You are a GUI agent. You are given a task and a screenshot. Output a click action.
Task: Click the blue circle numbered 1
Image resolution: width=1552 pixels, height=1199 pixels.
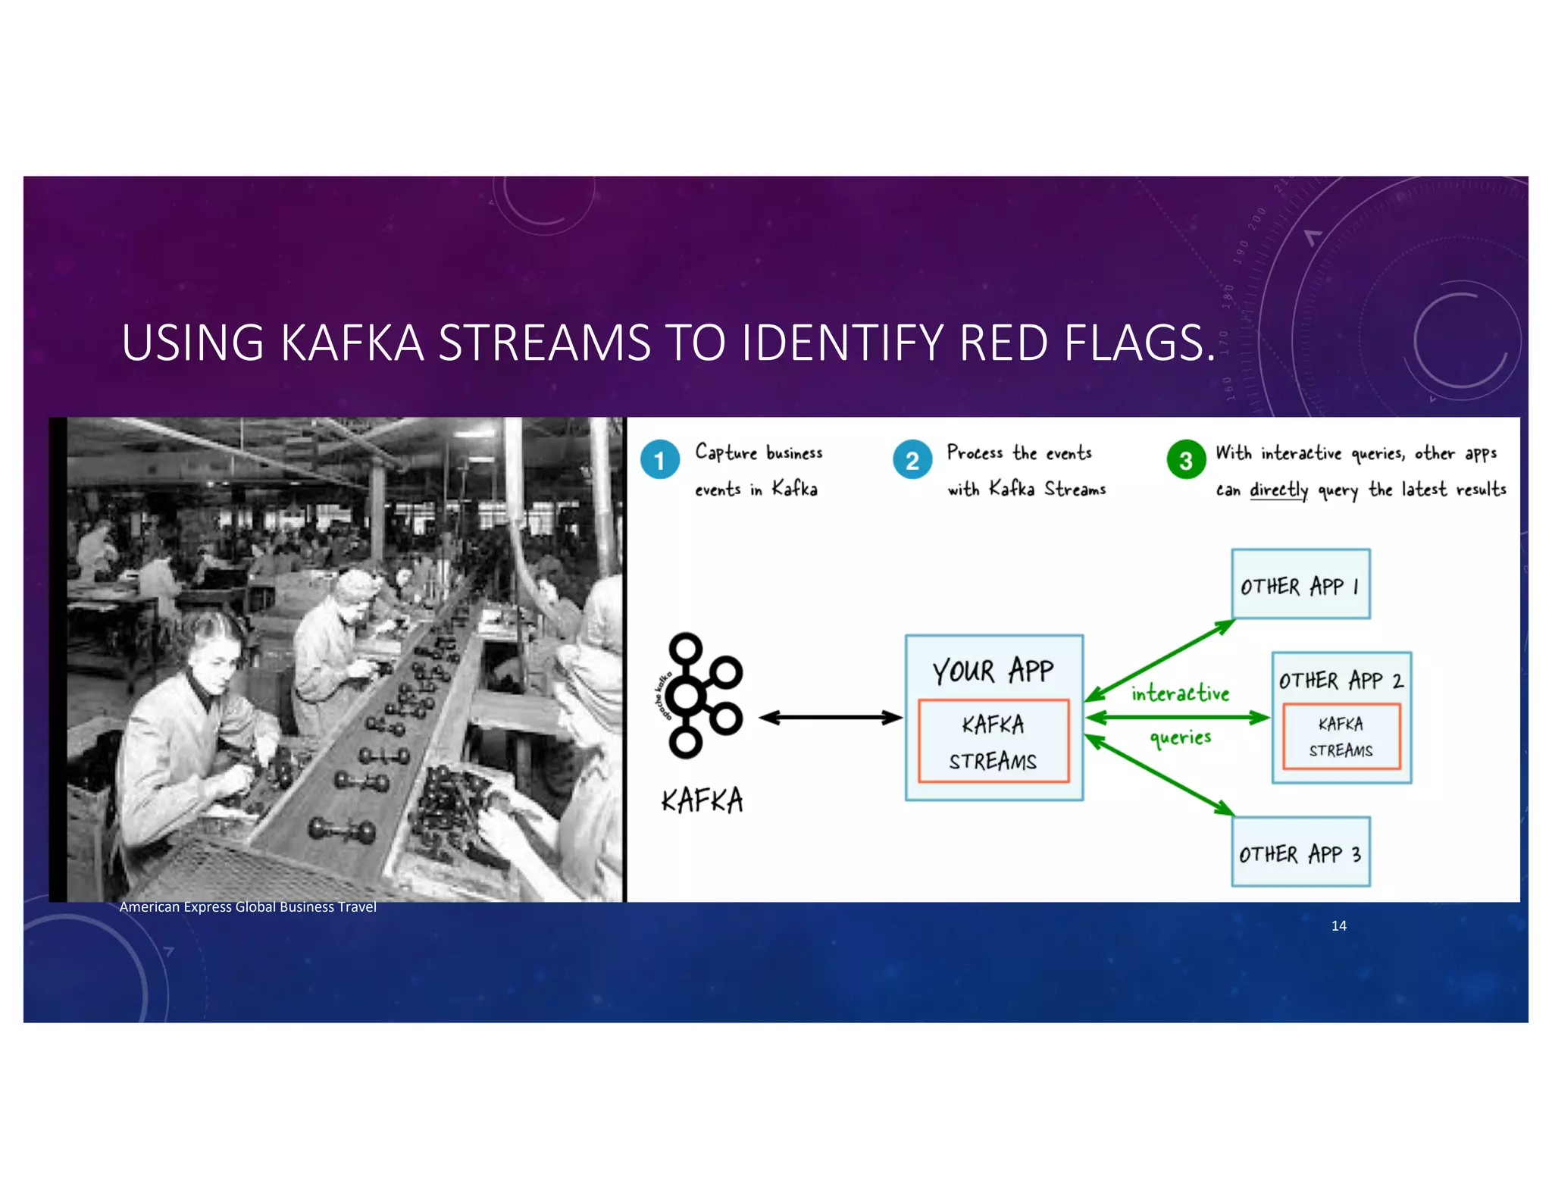click(659, 460)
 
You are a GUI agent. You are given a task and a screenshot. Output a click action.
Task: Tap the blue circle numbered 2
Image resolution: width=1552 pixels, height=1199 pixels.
click(912, 460)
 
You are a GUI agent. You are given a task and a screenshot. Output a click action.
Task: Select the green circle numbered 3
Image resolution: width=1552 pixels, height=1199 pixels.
click(1186, 460)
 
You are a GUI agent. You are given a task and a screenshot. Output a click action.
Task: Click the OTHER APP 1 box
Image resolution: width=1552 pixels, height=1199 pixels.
click(1300, 584)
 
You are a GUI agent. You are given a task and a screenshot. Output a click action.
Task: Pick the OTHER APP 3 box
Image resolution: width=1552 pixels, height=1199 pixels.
click(1300, 852)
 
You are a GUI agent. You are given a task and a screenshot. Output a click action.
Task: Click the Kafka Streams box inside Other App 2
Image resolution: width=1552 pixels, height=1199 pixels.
click(1341, 737)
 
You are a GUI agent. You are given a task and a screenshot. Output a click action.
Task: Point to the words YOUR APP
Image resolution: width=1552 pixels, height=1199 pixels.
click(993, 671)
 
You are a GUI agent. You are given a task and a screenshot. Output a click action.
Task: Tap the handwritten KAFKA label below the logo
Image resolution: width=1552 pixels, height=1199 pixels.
click(702, 800)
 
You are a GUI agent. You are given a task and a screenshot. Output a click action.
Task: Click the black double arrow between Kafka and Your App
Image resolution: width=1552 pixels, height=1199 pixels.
click(831, 718)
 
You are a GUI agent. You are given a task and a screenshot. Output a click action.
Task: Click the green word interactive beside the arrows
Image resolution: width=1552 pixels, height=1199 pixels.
click(1180, 693)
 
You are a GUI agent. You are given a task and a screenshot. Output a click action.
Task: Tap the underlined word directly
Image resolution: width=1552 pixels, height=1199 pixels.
click(1278, 490)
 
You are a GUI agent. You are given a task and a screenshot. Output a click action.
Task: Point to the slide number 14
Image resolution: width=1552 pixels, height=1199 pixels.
click(1338, 925)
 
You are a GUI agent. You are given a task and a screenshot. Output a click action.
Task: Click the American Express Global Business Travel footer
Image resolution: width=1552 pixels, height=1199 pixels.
click(248, 907)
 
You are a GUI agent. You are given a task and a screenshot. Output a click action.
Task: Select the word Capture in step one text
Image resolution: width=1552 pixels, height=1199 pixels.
click(725, 452)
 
